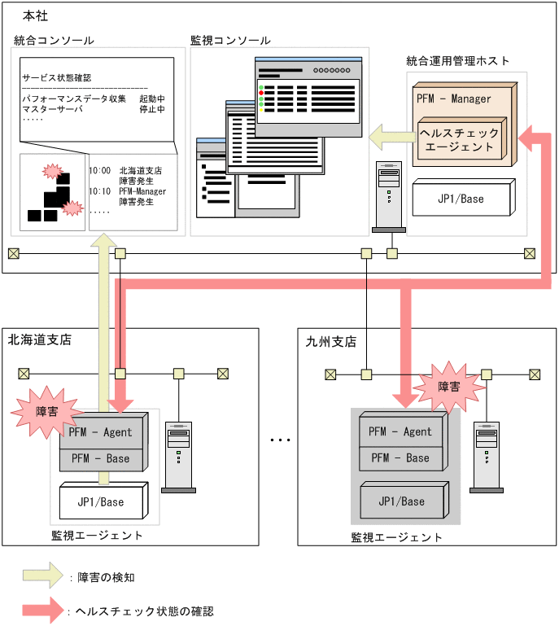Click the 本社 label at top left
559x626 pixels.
pos(25,15)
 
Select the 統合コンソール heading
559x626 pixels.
pos(54,40)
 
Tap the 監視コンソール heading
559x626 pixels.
pos(230,40)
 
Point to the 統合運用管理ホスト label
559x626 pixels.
pos(458,61)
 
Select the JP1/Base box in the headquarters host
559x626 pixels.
pos(461,199)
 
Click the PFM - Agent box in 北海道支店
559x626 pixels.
pos(100,432)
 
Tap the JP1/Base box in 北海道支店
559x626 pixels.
pos(100,501)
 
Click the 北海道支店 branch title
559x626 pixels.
pos(40,339)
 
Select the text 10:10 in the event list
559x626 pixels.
pos(99,191)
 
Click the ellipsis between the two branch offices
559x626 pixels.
pos(280,440)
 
